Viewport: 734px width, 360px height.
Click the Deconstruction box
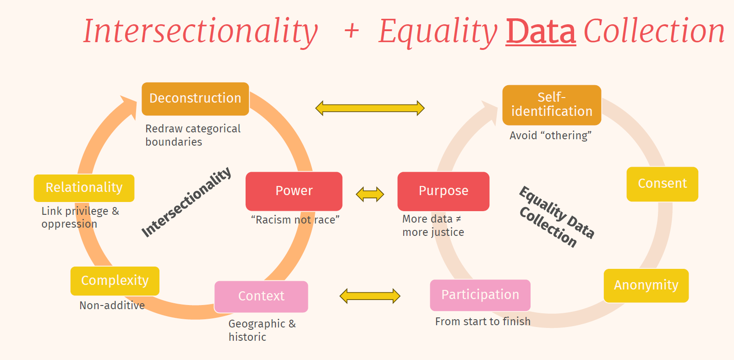tap(195, 98)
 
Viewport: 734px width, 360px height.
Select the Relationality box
tap(84, 188)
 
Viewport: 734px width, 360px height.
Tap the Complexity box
tap(115, 281)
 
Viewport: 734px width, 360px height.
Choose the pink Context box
tap(261, 296)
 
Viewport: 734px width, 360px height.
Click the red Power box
tap(294, 191)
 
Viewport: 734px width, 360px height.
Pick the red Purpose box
tap(443, 191)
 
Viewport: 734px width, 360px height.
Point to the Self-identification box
tap(552, 105)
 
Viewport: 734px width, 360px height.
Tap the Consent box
tap(662, 184)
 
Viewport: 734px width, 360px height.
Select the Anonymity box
tap(646, 285)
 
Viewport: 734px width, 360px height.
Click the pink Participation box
tap(480, 295)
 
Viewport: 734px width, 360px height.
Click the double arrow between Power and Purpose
tap(370, 194)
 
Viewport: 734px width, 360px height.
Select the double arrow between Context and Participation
tap(370, 296)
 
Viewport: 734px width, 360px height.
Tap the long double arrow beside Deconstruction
tap(370, 108)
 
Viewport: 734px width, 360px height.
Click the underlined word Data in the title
tap(541, 32)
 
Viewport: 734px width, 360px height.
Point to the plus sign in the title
tap(351, 31)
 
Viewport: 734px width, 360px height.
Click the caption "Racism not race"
tap(295, 220)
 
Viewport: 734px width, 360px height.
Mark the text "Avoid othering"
tap(550, 136)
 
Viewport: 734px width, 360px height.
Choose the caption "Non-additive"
tap(112, 305)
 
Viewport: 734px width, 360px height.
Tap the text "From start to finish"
tap(482, 322)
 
